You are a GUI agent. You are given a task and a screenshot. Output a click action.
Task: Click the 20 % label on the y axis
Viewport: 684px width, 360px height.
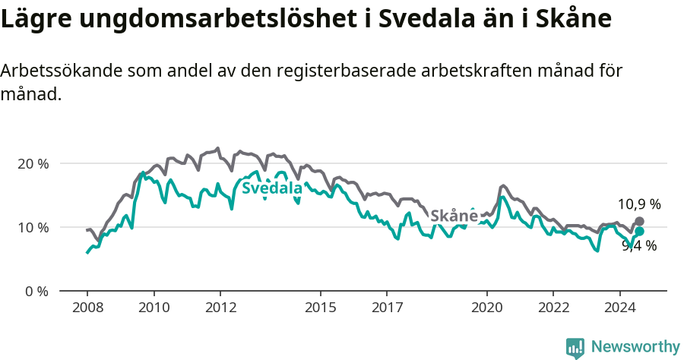(x=33, y=163)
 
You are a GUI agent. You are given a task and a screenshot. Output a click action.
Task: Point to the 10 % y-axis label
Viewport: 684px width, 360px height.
(x=33, y=227)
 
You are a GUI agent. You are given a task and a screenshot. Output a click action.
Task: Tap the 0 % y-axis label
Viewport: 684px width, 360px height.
(x=36, y=291)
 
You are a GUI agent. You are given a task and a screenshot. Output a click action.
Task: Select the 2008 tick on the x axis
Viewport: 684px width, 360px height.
(x=87, y=308)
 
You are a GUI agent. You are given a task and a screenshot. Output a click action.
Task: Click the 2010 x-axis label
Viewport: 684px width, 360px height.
(x=154, y=308)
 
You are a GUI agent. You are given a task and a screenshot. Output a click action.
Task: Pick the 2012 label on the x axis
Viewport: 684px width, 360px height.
(x=220, y=308)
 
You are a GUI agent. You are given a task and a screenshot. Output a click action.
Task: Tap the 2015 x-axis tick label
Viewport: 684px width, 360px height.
(x=320, y=308)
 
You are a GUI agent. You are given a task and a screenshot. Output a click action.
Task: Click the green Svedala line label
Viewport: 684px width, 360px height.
(x=272, y=188)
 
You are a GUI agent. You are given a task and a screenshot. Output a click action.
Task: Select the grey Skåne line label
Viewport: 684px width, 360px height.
(x=454, y=216)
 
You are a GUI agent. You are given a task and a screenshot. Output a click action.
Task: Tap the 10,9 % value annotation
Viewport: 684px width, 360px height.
(x=638, y=204)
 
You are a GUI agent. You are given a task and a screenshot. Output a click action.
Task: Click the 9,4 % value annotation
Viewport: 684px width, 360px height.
(x=638, y=245)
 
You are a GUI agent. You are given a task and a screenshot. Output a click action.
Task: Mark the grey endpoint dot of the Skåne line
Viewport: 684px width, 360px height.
(x=639, y=221)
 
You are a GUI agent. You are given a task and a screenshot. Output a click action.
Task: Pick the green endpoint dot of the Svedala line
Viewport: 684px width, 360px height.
(x=639, y=231)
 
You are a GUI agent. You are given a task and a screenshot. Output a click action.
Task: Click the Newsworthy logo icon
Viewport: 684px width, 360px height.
(x=575, y=347)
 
